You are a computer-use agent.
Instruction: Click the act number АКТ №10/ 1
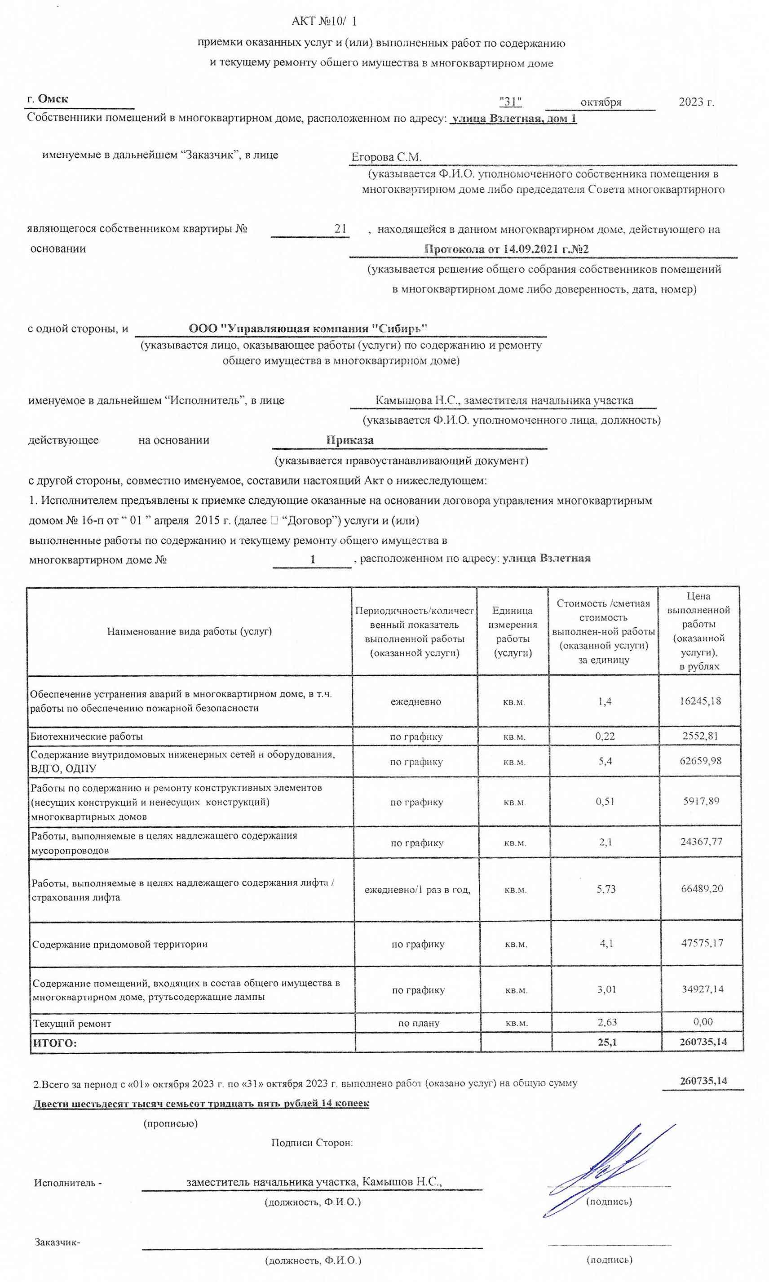click(324, 21)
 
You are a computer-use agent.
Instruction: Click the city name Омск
click(53, 99)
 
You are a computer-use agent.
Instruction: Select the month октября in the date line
click(601, 102)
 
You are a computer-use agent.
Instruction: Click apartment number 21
click(340, 229)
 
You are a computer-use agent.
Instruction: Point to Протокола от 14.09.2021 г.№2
click(506, 249)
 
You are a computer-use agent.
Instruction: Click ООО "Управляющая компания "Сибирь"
click(308, 328)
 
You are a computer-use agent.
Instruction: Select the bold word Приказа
click(350, 440)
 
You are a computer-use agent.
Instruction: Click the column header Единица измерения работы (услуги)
click(512, 631)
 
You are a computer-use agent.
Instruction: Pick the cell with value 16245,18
click(700, 701)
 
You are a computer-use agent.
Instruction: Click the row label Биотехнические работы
click(87, 736)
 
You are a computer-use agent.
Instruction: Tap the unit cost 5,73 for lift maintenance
click(606, 889)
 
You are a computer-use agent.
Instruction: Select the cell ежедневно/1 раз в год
click(417, 890)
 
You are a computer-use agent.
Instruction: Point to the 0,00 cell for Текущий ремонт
click(703, 1022)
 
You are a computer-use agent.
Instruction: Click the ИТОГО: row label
click(54, 1043)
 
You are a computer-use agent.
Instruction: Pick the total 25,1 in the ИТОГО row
click(607, 1042)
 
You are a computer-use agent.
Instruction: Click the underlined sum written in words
click(201, 1103)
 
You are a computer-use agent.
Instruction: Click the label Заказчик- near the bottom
click(57, 1242)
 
